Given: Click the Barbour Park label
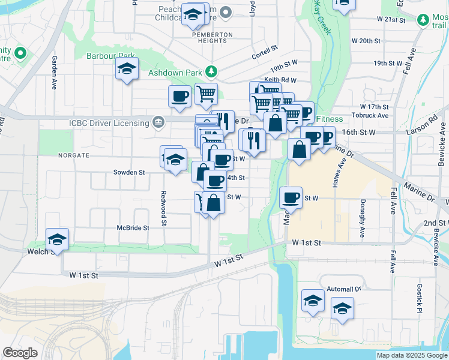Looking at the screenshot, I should (x=119, y=55).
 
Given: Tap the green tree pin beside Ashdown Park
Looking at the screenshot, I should (x=211, y=73).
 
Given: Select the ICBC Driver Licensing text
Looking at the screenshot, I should (x=109, y=123).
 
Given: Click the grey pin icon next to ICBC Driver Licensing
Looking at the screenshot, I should (x=158, y=122).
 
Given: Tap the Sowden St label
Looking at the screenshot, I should (x=130, y=172).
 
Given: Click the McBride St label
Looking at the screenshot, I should (x=133, y=228).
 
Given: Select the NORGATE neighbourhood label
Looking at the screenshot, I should (x=73, y=155).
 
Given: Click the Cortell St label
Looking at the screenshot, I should (x=265, y=48).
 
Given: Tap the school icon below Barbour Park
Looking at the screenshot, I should (x=127, y=70).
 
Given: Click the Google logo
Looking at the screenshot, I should (x=20, y=353).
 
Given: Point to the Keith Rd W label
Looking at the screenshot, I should (x=280, y=80).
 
